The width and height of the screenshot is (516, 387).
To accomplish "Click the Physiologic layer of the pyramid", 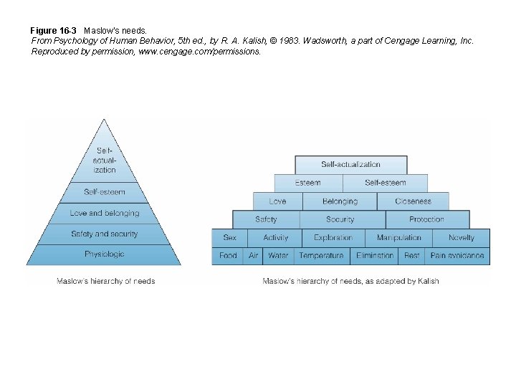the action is click(104, 254).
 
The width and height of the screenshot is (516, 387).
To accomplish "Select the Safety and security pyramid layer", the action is click(104, 234).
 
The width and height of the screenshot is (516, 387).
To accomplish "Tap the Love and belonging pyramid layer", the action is click(104, 214).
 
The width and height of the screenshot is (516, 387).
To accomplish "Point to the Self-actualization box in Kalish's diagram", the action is click(350, 165).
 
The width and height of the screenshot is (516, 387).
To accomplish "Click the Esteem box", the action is click(308, 183).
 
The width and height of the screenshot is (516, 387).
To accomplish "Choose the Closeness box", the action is click(413, 201).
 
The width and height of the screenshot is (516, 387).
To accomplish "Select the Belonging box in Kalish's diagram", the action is click(340, 201).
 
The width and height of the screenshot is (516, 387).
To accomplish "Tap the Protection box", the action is click(426, 219).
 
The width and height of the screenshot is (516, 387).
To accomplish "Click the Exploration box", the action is click(333, 238).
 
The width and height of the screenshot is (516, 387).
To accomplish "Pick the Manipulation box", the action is click(399, 238).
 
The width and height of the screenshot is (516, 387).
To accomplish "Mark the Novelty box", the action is click(462, 238).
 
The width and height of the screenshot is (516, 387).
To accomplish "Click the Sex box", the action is click(229, 238).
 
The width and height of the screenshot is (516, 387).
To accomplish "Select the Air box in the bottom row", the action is click(253, 256).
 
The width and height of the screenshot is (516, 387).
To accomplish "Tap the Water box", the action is click(278, 256).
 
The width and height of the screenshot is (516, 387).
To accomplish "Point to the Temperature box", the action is click(321, 256).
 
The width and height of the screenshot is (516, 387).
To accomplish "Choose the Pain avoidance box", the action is click(457, 256).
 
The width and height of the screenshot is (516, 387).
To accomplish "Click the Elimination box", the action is click(375, 256).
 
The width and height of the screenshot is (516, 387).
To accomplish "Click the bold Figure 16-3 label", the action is click(53, 31).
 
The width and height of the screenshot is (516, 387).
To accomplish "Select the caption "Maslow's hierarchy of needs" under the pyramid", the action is click(106, 281).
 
